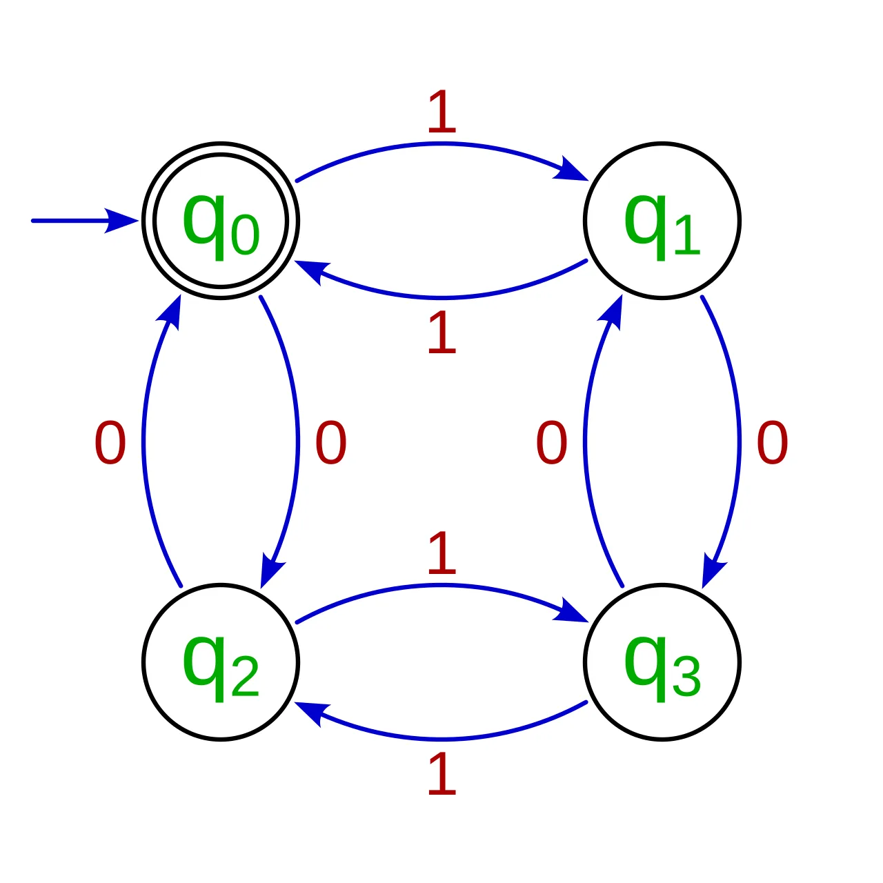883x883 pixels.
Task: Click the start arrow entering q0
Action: [86, 221]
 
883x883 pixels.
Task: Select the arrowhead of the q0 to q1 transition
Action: [572, 170]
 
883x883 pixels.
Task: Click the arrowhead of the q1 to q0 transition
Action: [312, 272]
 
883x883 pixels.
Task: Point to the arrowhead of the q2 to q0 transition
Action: [170, 313]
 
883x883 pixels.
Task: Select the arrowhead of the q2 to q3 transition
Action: [572, 611]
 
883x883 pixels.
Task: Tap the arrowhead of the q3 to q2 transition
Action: [312, 713]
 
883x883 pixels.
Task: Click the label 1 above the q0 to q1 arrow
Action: [441, 111]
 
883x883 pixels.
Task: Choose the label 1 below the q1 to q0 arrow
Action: [441, 333]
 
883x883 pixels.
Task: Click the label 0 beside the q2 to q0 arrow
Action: [110, 442]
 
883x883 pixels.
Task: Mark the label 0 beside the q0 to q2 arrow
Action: [331, 442]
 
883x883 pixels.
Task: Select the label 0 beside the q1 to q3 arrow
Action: [773, 442]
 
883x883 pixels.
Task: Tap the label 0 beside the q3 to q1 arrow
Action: [552, 442]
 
